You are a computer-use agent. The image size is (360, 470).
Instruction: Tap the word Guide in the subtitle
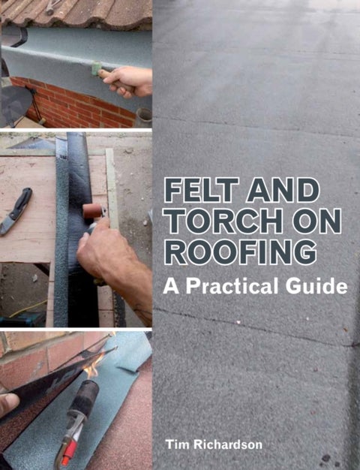325,286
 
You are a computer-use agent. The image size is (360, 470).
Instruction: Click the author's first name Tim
177,445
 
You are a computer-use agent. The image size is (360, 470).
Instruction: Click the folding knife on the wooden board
17,212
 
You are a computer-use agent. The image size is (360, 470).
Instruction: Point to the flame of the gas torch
93,369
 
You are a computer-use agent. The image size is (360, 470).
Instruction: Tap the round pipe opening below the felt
144,115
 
